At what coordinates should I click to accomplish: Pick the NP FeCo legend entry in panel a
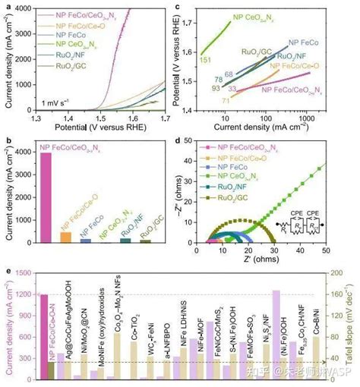point(63,35)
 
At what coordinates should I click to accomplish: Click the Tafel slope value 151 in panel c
point(204,59)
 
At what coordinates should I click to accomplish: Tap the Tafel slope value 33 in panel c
point(233,90)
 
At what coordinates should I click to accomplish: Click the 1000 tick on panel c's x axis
point(326,118)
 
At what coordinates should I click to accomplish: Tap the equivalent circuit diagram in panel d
point(297,225)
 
